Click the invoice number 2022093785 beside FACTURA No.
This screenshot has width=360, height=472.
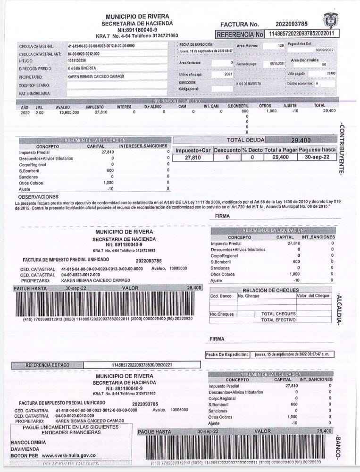[292, 24]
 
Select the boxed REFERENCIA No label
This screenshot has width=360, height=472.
[240, 34]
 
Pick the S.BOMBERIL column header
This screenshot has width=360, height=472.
[238, 106]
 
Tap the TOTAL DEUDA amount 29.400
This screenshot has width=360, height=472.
[301, 140]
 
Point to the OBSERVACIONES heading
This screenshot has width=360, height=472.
[38, 196]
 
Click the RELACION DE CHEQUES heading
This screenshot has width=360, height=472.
[270, 290]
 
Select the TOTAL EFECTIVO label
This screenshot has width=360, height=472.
[278, 320]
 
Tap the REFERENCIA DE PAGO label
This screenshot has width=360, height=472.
[48, 365]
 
